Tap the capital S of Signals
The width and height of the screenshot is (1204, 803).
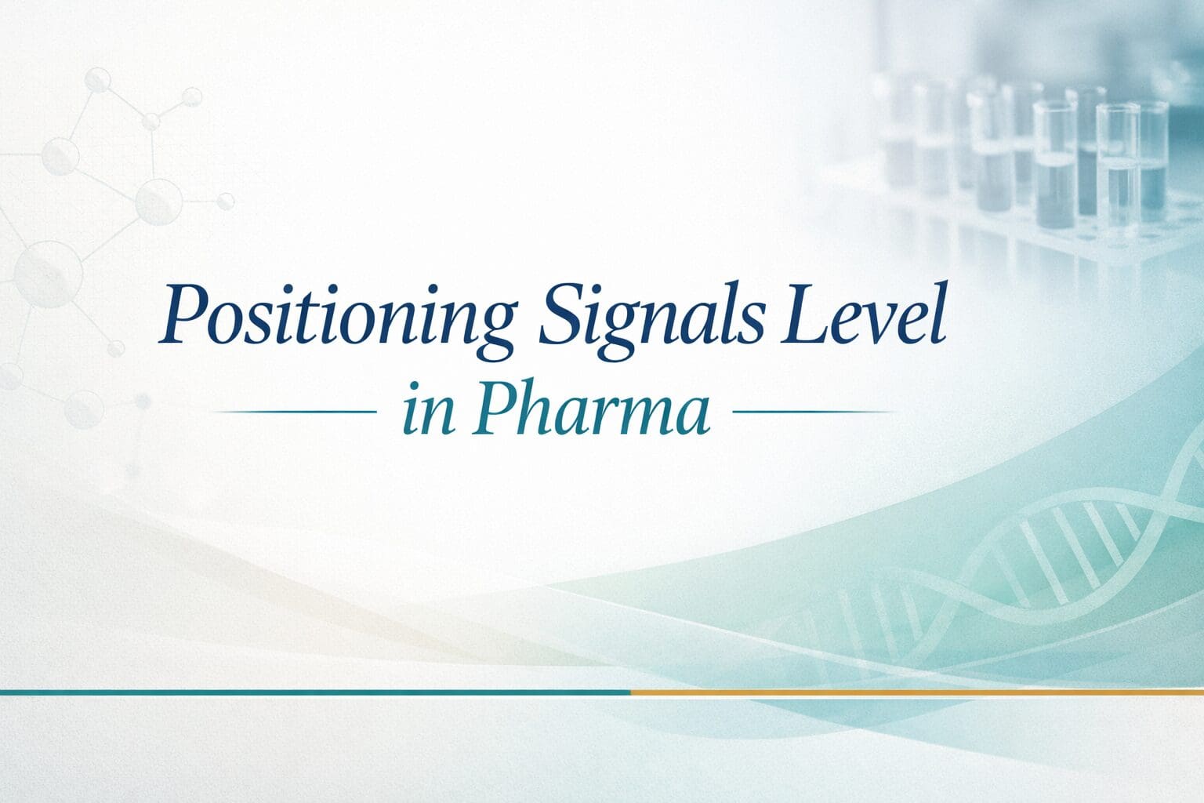(558, 315)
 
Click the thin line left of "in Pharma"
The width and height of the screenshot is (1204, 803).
(295, 411)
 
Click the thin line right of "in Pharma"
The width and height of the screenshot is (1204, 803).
(812, 411)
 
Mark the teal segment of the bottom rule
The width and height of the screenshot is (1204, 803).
(314, 692)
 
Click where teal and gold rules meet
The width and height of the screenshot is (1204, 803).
(631, 692)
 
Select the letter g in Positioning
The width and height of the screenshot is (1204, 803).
(494, 329)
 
